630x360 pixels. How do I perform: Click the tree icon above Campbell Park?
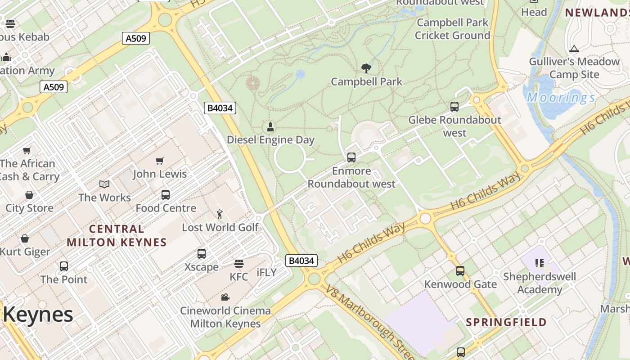click(366, 68)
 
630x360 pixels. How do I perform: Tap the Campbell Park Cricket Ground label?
click(452, 29)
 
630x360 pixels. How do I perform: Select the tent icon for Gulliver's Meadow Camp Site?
click(574, 49)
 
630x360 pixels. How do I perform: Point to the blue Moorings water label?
click(561, 98)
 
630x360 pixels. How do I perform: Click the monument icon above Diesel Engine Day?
click(270, 126)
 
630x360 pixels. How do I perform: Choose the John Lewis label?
click(160, 174)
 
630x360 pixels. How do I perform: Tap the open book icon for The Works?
click(104, 184)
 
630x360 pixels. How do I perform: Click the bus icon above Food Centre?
click(166, 195)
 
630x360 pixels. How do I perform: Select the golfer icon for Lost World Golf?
click(220, 214)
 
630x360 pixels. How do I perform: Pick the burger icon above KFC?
click(238, 263)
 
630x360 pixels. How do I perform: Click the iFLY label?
click(266, 273)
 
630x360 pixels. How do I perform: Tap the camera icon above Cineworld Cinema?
click(225, 297)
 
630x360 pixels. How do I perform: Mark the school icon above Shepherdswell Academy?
click(540, 263)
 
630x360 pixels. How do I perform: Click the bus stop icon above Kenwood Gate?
click(460, 271)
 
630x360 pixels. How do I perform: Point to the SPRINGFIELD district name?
click(506, 322)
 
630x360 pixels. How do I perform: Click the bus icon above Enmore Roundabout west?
click(351, 157)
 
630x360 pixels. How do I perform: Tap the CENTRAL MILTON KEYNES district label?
click(117, 236)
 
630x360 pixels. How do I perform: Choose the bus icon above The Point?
click(64, 266)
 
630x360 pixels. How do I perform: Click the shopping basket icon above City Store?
click(29, 195)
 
